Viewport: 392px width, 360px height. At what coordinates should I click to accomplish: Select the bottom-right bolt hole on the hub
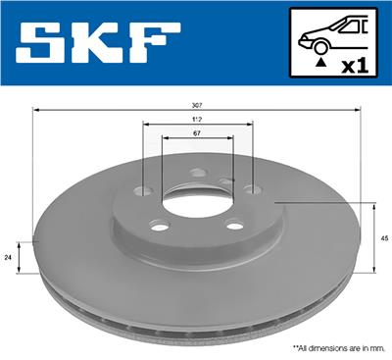[234, 226]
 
